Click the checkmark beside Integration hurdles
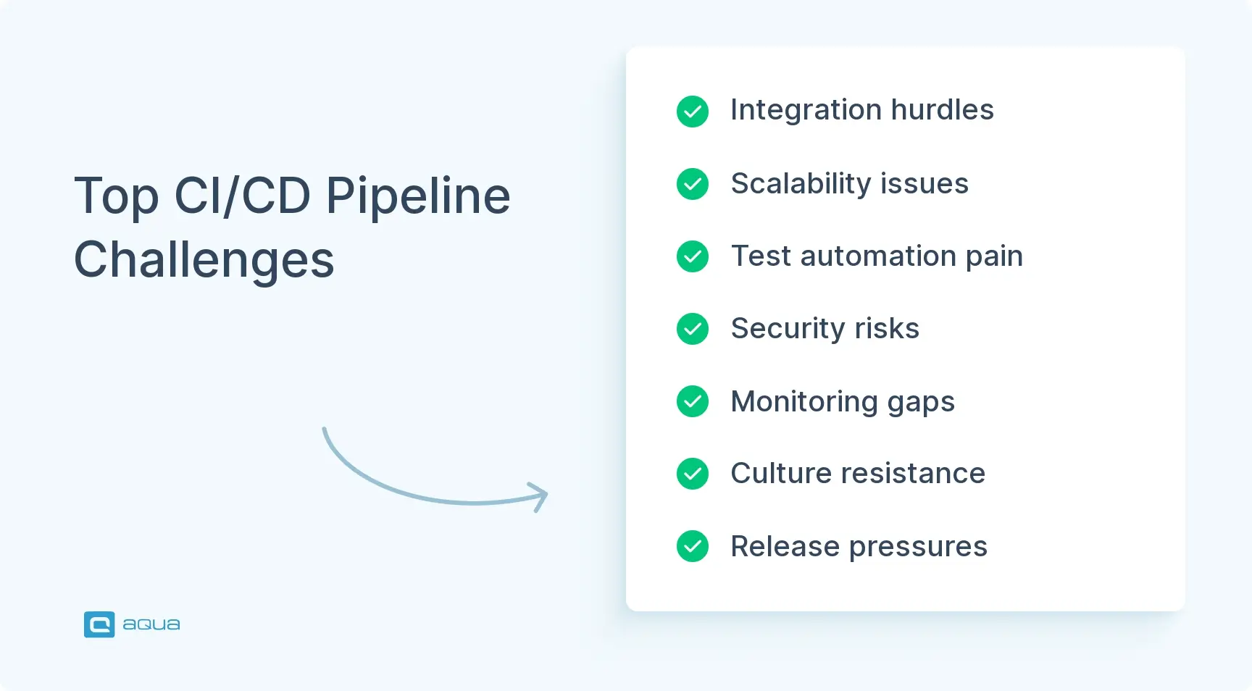click(x=692, y=112)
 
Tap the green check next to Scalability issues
click(x=692, y=184)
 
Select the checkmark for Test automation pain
click(x=692, y=256)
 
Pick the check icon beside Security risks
click(x=692, y=329)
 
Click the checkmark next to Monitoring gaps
click(x=692, y=401)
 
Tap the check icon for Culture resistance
click(x=692, y=474)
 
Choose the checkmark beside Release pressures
click(x=692, y=546)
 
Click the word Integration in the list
click(x=806, y=110)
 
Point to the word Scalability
click(x=800, y=184)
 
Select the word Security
click(x=788, y=329)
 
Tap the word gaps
click(x=921, y=402)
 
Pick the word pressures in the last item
click(x=918, y=547)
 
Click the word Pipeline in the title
click(x=418, y=197)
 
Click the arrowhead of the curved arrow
click(x=541, y=496)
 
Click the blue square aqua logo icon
click(x=99, y=624)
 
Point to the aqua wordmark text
click(x=151, y=624)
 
